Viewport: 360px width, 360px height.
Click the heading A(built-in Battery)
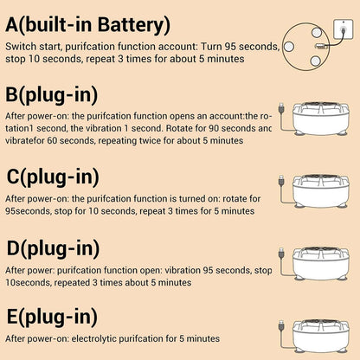[x=87, y=25]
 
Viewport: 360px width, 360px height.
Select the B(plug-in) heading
[x=52, y=94]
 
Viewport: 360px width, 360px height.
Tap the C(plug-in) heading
[x=53, y=177]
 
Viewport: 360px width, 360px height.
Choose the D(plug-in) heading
[x=53, y=248]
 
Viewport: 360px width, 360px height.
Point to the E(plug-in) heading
[x=52, y=317]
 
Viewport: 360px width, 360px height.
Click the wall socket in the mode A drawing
[x=343, y=29]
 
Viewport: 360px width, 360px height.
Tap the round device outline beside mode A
[x=305, y=47]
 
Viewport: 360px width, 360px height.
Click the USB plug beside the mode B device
[x=281, y=109]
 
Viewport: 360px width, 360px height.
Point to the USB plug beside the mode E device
[x=281, y=326]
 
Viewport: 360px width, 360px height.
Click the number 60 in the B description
[x=52, y=141]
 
